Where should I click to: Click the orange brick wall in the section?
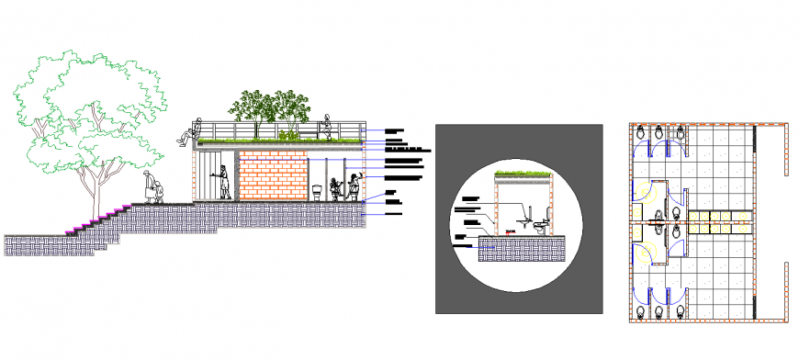[x=273, y=175]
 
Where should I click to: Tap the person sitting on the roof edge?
[x=186, y=135]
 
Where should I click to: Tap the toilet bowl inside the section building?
[x=317, y=193]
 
